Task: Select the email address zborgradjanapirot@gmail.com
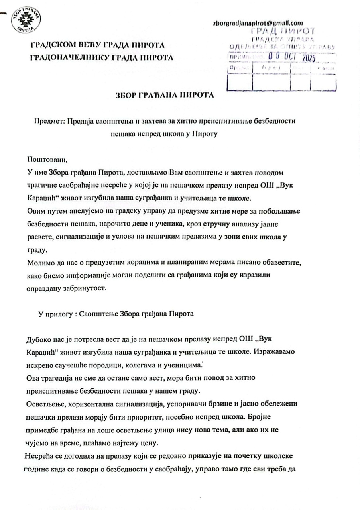point(258,23)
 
